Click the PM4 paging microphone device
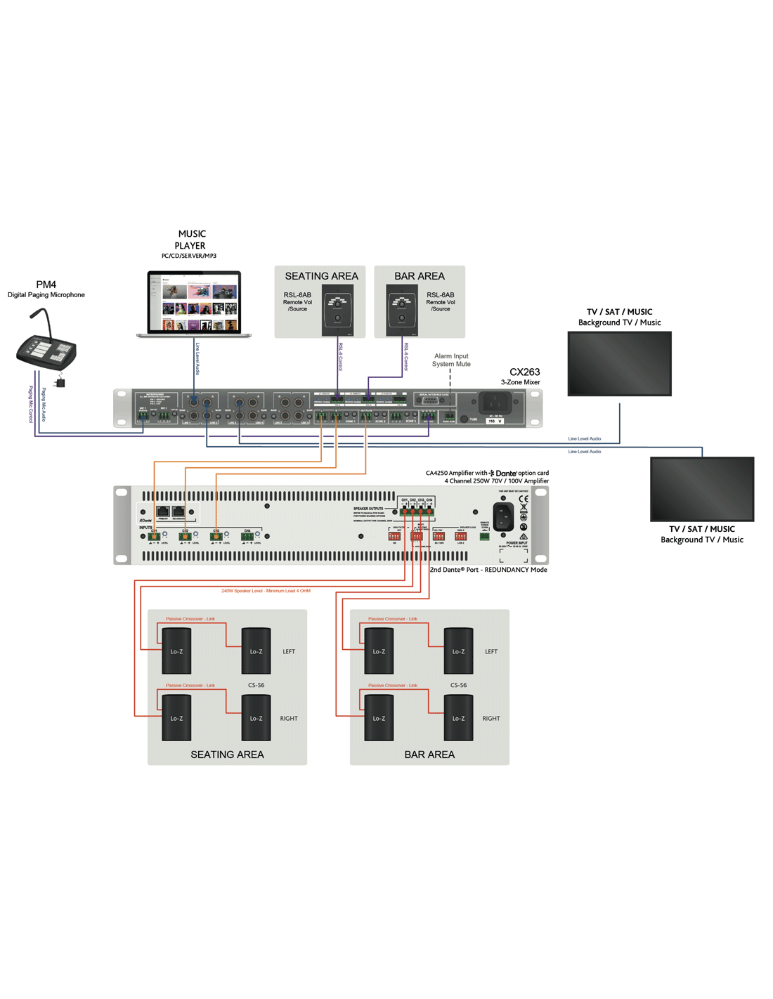click(46, 349)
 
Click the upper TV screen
click(619, 363)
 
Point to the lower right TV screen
click(702, 488)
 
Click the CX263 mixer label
click(524, 372)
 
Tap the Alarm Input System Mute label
click(451, 360)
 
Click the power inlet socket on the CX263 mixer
click(495, 403)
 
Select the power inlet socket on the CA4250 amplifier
click(502, 517)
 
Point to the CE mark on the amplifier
click(524, 499)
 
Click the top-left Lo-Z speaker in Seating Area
click(176, 651)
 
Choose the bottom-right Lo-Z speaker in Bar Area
click(458, 717)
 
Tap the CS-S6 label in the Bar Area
click(458, 685)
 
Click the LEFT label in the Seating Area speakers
click(289, 652)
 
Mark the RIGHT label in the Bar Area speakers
click(491, 719)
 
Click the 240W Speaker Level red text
click(266, 591)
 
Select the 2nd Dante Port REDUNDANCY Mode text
click(488, 570)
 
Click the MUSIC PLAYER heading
click(191, 240)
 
